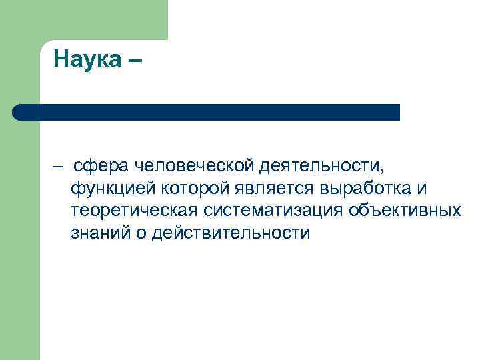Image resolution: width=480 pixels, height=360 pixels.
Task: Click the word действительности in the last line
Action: pos(231,233)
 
